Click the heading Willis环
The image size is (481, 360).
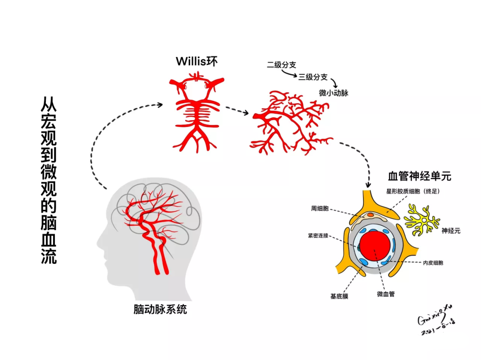[196, 61]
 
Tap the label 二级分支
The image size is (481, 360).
[281, 65]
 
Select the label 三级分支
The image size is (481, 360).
[313, 77]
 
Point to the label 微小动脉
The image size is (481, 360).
[334, 93]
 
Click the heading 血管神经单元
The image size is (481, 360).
[420, 176]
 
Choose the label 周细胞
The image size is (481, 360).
[320, 208]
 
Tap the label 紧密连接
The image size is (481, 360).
[318, 235]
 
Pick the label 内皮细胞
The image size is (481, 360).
[433, 263]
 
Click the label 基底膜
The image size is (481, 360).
[339, 296]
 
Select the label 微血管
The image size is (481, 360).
[386, 294]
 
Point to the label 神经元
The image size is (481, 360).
[451, 231]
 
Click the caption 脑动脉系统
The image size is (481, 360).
[160, 309]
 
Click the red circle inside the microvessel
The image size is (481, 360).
[375, 247]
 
